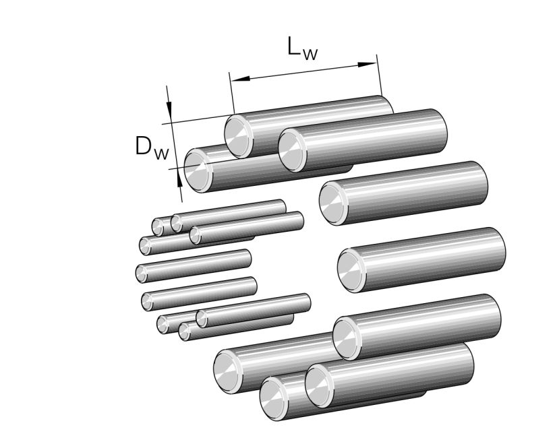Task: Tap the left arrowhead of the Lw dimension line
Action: [x=239, y=79]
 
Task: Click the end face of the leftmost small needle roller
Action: [x=141, y=273]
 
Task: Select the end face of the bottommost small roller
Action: [x=185, y=330]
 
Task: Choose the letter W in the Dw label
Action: [x=160, y=154]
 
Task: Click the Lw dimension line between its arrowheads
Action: [x=303, y=72]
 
